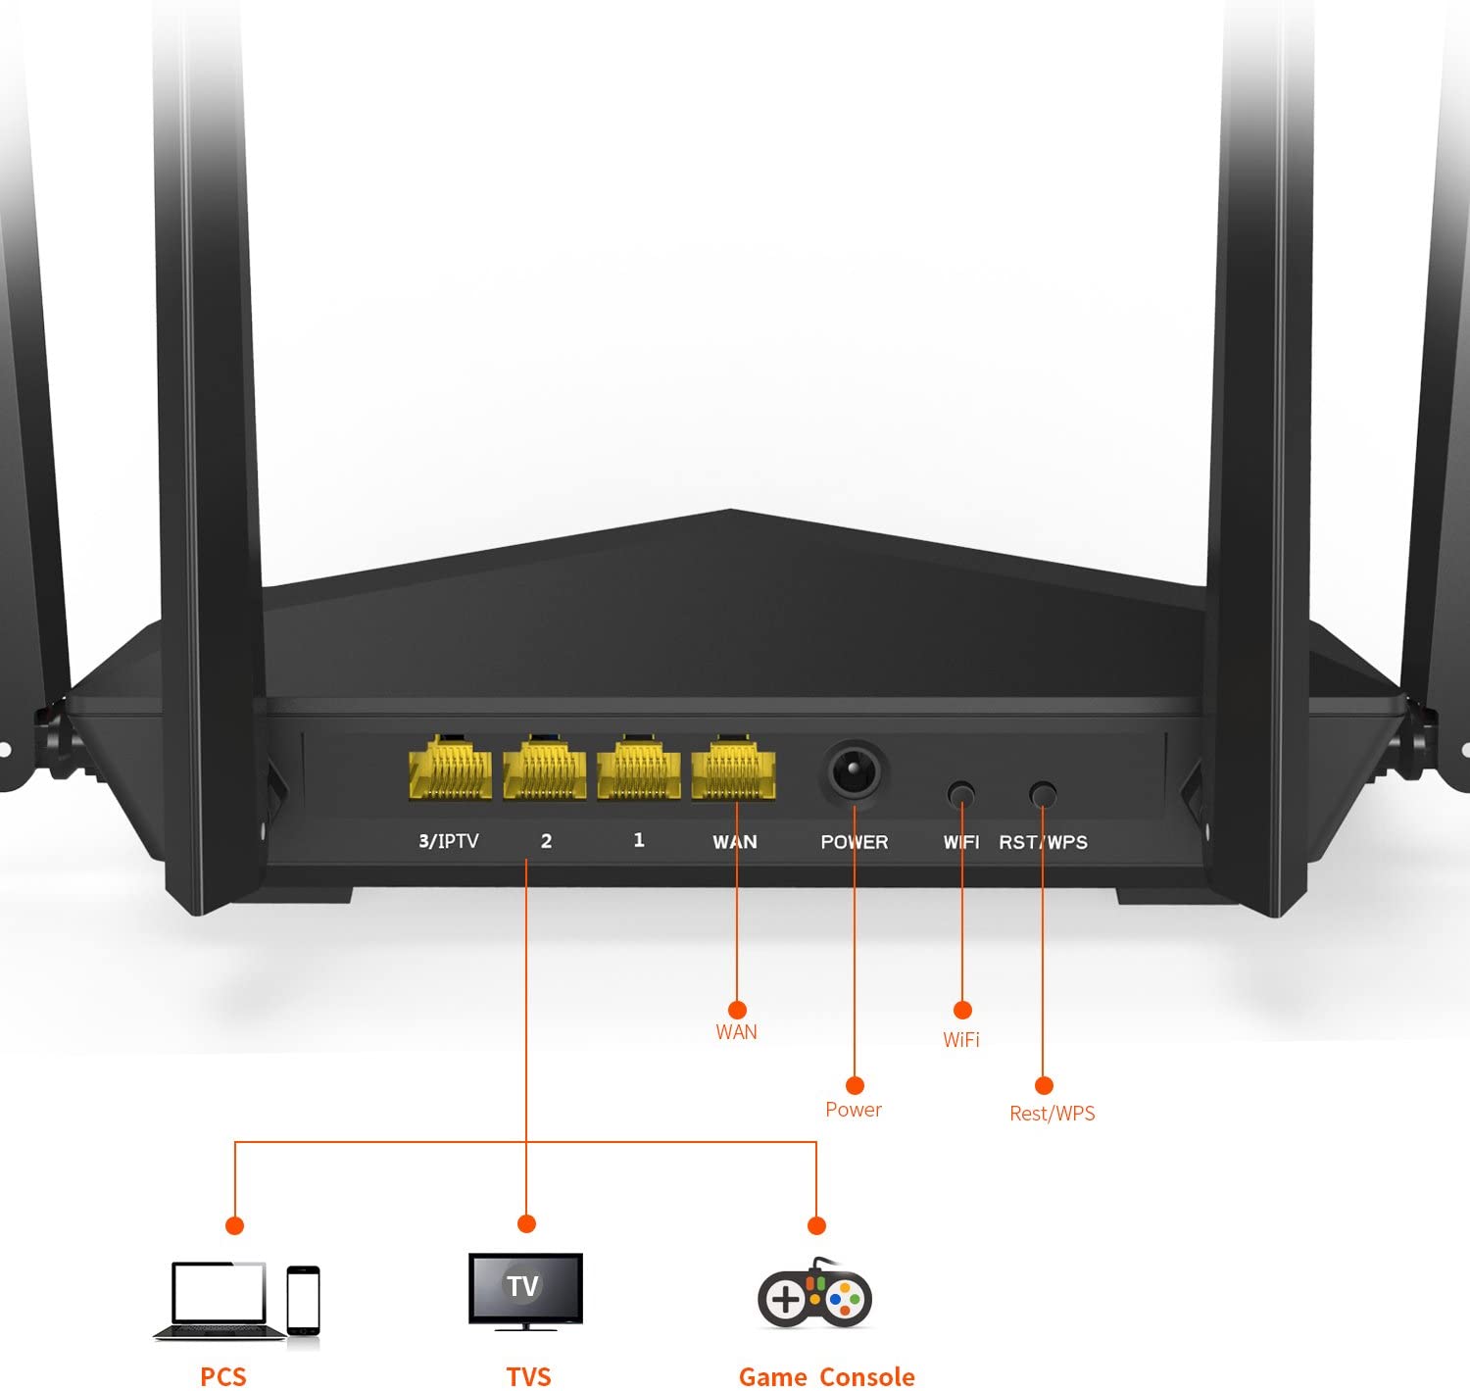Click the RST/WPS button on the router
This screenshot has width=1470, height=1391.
[x=1044, y=793]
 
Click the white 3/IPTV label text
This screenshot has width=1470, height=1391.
[x=449, y=841]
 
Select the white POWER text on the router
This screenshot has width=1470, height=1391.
[x=855, y=842]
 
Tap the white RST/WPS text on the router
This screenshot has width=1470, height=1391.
[x=1044, y=842]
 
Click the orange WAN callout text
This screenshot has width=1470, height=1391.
[x=736, y=1031]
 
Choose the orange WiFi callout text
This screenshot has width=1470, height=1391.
[x=961, y=1039]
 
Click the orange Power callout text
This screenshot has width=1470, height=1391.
[x=854, y=1110]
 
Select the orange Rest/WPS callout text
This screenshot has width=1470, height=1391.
[x=1053, y=1113]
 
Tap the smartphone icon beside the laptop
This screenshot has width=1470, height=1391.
[x=304, y=1300]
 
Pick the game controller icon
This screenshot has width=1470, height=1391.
[x=814, y=1297]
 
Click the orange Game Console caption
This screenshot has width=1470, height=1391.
[x=826, y=1376]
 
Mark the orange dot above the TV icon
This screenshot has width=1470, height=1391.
[x=526, y=1223]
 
